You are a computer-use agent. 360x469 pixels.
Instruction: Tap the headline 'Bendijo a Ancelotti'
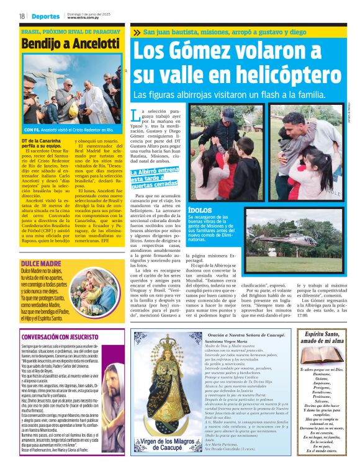(x=70, y=44)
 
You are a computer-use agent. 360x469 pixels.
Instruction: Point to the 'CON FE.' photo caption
(x=32, y=130)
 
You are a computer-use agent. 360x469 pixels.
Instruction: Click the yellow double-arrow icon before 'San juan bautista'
(x=137, y=32)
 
